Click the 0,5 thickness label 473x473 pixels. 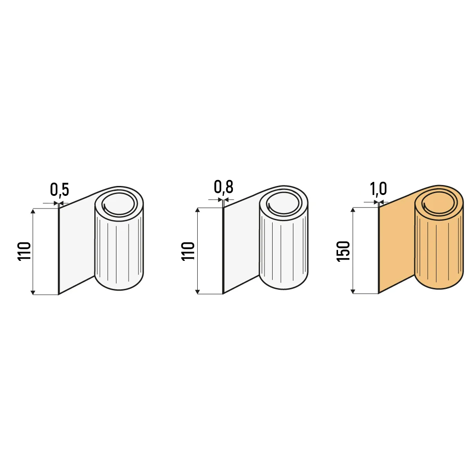coord(60,189)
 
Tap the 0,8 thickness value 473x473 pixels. coord(223,187)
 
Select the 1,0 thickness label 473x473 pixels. coord(378,189)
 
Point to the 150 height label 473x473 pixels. coord(343,251)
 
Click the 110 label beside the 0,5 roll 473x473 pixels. coord(24,251)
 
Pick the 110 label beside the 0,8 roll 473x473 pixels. coord(188,251)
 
